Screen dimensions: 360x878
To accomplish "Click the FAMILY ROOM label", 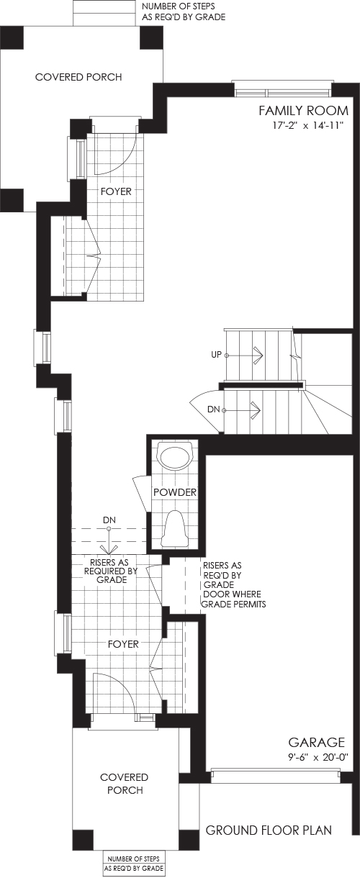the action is click(303, 111).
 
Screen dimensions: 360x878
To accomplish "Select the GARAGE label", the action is click(317, 743).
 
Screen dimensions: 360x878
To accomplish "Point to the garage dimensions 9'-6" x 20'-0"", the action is click(318, 757).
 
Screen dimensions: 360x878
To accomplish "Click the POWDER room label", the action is click(174, 492).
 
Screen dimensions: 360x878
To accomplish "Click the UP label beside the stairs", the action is click(217, 355).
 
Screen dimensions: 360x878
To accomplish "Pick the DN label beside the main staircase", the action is click(213, 409).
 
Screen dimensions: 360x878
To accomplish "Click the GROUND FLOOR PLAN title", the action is click(269, 831).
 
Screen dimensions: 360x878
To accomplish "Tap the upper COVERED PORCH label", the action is click(78, 77).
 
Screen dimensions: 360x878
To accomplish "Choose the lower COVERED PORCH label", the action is click(125, 784).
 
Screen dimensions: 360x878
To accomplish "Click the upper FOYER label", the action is click(116, 191).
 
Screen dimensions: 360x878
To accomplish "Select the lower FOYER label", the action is click(123, 644).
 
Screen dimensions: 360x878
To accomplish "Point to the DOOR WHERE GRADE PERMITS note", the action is click(234, 599).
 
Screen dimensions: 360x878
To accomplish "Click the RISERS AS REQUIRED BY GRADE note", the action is click(111, 571).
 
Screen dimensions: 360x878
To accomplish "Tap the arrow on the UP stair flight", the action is click(245, 355).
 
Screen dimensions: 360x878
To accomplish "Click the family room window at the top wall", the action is click(282, 89).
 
